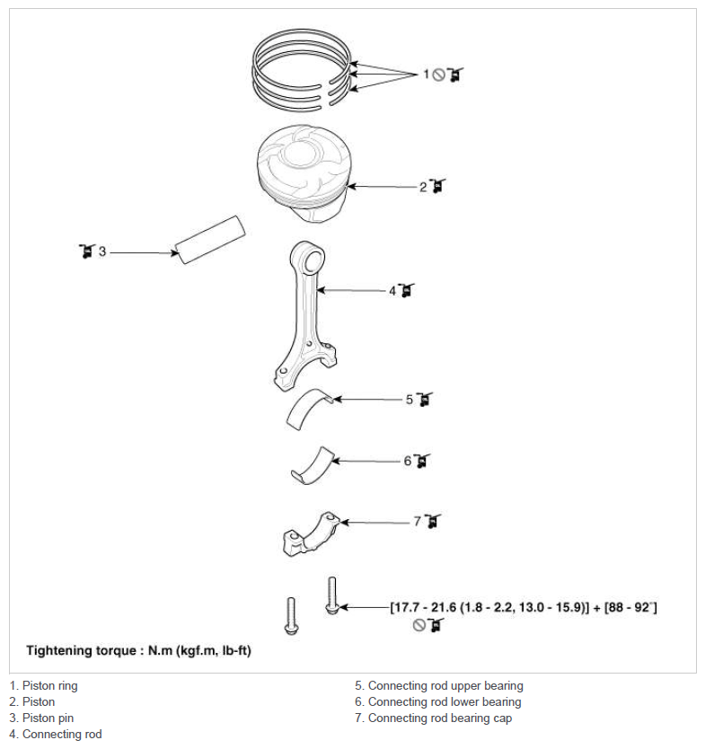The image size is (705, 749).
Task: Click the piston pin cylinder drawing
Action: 210,239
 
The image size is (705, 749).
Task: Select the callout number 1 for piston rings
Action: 426,74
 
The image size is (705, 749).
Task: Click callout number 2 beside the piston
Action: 423,187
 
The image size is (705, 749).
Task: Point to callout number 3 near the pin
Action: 102,251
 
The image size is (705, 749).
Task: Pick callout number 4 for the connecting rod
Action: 392,290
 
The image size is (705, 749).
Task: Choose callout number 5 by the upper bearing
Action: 410,400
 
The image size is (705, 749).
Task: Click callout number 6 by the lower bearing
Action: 408,461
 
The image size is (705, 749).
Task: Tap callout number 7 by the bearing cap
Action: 418,521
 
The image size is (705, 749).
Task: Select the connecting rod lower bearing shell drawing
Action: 313,468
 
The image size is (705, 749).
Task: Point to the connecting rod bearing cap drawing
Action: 311,535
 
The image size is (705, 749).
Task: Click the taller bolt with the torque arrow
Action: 332,595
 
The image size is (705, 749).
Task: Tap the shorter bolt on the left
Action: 291,616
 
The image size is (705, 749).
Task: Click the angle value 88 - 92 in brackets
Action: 629,608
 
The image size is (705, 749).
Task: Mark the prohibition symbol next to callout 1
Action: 438,75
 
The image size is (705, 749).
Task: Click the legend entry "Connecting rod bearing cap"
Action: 433,718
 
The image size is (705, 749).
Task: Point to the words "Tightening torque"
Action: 81,650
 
